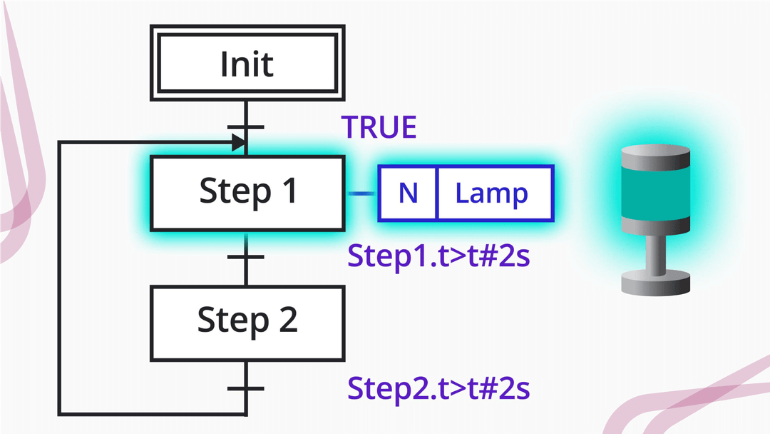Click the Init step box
pos(246,64)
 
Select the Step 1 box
pos(247,193)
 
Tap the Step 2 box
pos(247,322)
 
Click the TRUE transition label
pos(379,127)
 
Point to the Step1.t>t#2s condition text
pos(438,256)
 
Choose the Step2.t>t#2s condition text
pos(438,388)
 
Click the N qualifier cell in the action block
pos(408,193)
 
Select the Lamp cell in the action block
pos(492,193)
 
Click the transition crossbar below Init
pos(246,128)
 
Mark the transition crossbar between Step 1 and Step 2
pos(246,256)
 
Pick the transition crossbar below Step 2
pos(246,388)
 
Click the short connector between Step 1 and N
pos(361,193)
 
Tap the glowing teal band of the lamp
pos(654,194)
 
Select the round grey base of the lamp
pos(654,283)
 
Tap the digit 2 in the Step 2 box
pos(286,321)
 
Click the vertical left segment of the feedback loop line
pos(59,278)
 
